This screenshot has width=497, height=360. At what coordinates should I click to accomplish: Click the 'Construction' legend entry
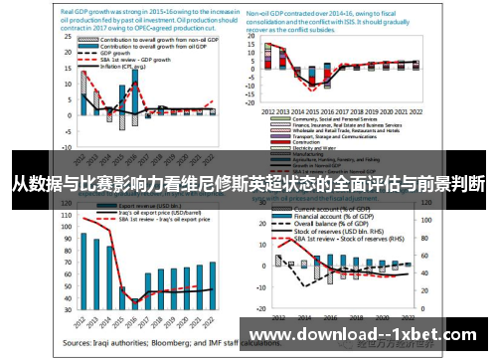coord(304,142)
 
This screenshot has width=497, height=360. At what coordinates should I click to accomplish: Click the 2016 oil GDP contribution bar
coord(135,98)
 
